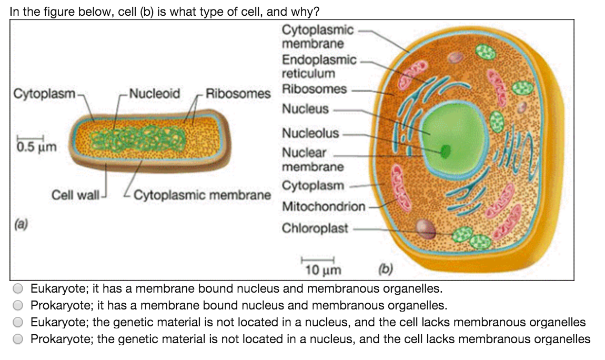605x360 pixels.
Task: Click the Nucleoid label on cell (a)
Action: click(154, 94)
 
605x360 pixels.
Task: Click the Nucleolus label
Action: click(310, 133)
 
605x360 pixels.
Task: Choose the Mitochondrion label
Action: click(323, 207)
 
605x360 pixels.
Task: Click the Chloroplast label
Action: click(315, 228)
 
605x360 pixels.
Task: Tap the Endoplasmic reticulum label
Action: click(319, 66)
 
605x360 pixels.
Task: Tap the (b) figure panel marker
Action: click(387, 271)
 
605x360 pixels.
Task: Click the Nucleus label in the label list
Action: click(305, 109)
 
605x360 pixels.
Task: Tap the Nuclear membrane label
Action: click(312, 159)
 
